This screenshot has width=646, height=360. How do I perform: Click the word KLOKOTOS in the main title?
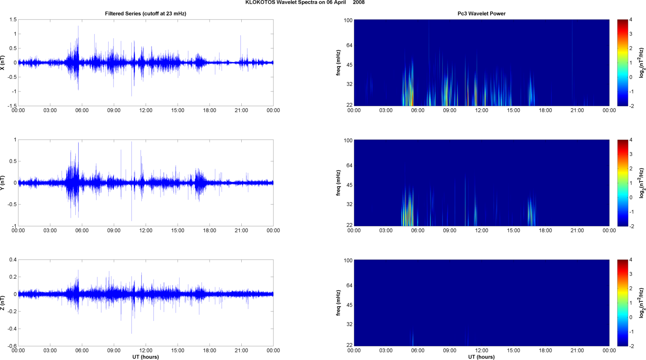[260, 3]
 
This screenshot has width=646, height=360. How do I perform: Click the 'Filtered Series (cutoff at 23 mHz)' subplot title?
[146, 14]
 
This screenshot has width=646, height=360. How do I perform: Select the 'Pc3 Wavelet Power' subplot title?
[481, 14]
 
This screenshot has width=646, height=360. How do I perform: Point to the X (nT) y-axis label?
[3, 63]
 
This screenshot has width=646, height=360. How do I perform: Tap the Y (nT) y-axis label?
[3, 183]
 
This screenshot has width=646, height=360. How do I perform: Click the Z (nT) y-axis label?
[3, 303]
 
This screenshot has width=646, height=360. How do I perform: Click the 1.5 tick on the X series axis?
[13, 20]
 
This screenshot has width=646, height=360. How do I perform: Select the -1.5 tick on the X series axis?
[12, 106]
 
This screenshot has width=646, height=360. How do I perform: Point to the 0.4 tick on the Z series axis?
[13, 260]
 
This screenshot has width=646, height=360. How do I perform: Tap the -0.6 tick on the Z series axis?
[12, 346]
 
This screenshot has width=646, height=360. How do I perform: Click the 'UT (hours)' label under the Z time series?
[146, 357]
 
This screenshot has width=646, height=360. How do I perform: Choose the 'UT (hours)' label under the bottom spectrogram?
[481, 357]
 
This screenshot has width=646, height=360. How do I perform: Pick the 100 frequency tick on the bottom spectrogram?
[348, 261]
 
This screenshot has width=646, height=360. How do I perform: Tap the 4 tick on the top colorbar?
[631, 20]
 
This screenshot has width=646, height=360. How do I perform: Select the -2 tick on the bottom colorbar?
[632, 346]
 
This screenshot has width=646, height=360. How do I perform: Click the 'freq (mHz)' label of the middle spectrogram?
[338, 183]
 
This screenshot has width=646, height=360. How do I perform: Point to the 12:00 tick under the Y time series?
[146, 231]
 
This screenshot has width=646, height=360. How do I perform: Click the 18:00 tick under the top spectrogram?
[545, 110]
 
